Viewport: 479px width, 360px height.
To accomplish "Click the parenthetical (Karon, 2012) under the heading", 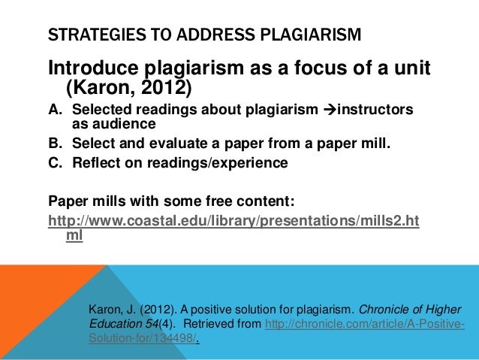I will [130, 90].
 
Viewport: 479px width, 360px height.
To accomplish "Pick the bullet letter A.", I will [55, 111].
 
